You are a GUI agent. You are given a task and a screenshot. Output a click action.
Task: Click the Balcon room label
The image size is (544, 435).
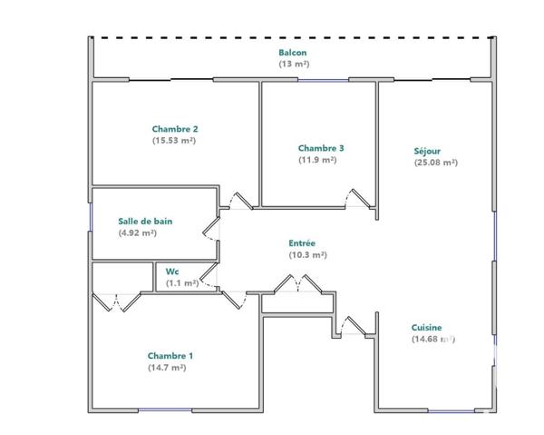pyautogui.click(x=293, y=53)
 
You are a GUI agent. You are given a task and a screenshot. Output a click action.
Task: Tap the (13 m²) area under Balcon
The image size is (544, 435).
pyautogui.click(x=293, y=64)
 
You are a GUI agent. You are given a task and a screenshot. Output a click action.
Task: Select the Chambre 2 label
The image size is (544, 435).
pyautogui.click(x=175, y=129)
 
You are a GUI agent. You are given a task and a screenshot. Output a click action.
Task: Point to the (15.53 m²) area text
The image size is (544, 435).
pyautogui.click(x=175, y=141)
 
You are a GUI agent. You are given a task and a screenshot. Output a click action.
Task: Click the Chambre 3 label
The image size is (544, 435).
pyautogui.click(x=321, y=148)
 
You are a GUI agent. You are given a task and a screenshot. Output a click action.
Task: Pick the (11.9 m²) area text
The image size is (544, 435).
pyautogui.click(x=317, y=160)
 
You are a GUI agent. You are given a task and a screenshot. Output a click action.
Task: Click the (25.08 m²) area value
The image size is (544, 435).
pyautogui.click(x=435, y=163)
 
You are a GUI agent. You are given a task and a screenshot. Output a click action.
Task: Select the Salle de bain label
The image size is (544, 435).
pyautogui.click(x=145, y=221)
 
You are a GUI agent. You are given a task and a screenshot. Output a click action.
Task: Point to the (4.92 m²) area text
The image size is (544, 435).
pyautogui.click(x=138, y=232)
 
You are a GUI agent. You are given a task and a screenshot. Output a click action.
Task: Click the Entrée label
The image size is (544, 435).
pyautogui.click(x=302, y=243)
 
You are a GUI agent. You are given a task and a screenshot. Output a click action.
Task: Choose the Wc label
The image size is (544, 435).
pyautogui.click(x=171, y=271)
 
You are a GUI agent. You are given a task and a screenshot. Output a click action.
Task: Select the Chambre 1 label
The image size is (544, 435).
pyautogui.click(x=170, y=356)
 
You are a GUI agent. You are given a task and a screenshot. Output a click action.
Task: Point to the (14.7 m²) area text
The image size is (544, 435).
pyautogui.click(x=167, y=368)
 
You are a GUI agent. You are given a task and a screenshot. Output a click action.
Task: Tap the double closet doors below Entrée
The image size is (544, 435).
pyautogui.click(x=298, y=285)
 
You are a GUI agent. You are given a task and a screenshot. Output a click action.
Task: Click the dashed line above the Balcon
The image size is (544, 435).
pyautogui.click(x=293, y=37)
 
